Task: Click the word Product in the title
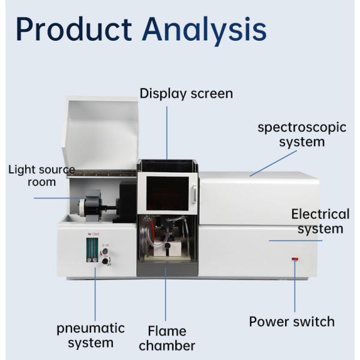click(73, 29)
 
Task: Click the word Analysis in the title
click(204, 29)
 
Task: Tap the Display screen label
click(186, 94)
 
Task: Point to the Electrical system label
click(320, 221)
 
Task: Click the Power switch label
click(292, 322)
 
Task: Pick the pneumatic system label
click(91, 335)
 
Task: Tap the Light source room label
click(41, 175)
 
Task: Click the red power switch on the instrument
click(295, 259)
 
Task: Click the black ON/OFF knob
click(106, 261)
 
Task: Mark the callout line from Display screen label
click(167, 132)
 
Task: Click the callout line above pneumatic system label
click(94, 294)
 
